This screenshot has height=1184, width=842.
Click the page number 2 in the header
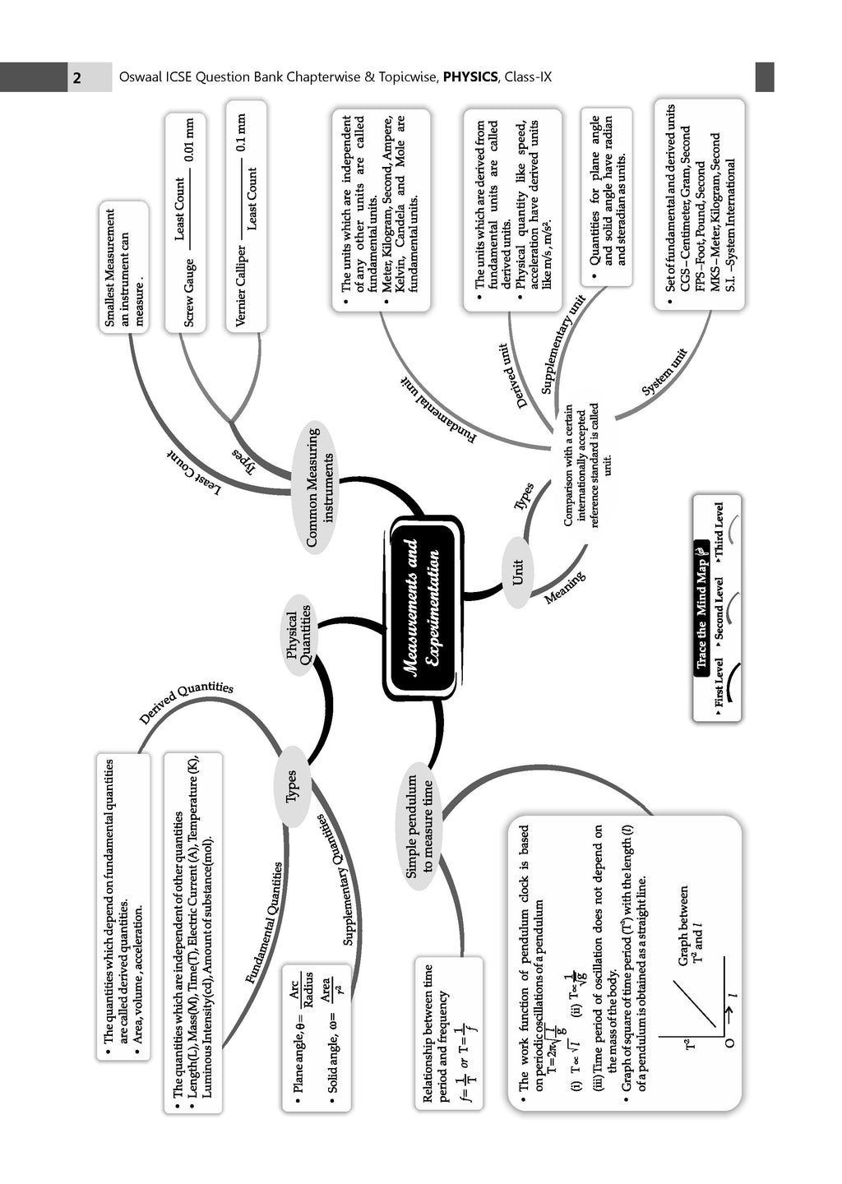(76, 78)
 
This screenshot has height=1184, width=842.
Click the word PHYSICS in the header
(470, 77)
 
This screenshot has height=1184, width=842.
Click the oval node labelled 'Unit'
(518, 572)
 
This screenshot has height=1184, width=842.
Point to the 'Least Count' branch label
(194, 474)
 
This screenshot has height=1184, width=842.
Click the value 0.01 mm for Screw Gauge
(189, 140)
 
